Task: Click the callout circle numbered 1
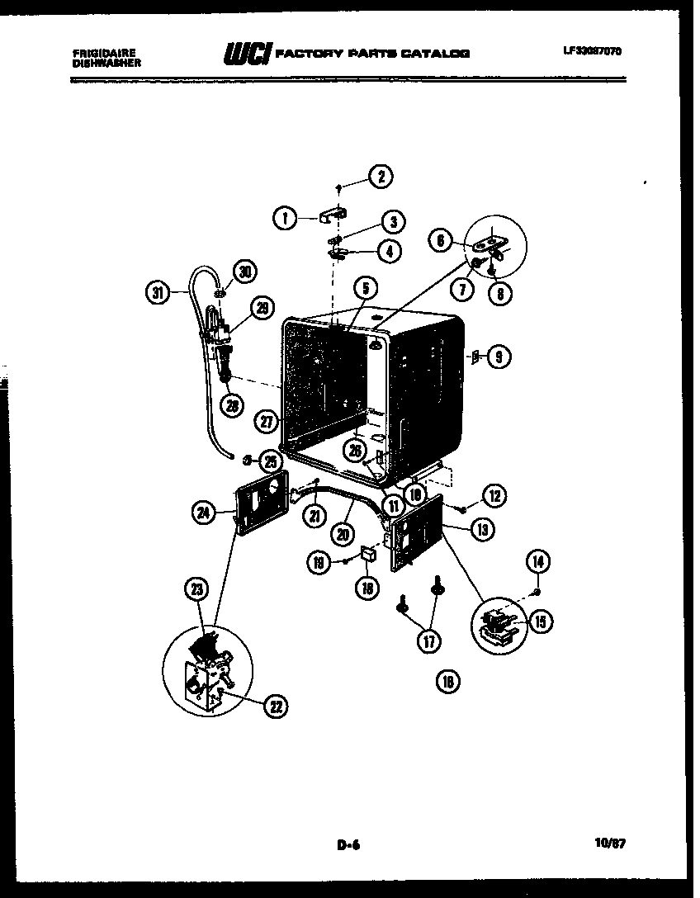285,218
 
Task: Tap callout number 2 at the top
380,176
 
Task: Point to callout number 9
498,357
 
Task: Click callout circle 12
494,495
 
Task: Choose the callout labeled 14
537,562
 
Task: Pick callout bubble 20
343,533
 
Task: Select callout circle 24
203,513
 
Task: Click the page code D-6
350,844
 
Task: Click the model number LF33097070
593,50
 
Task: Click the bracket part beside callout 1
329,216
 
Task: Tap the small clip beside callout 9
475,357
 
